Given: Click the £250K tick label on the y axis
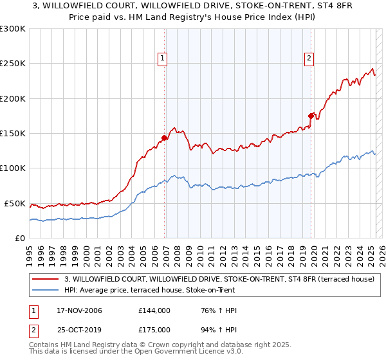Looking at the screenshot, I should click(x=13, y=64).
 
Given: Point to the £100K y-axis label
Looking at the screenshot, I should click(x=13, y=168).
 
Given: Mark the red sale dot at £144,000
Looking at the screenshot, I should click(x=165, y=138).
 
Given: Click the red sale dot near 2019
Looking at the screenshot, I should click(x=311, y=116).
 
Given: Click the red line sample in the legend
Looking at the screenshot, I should click(x=46, y=278).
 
